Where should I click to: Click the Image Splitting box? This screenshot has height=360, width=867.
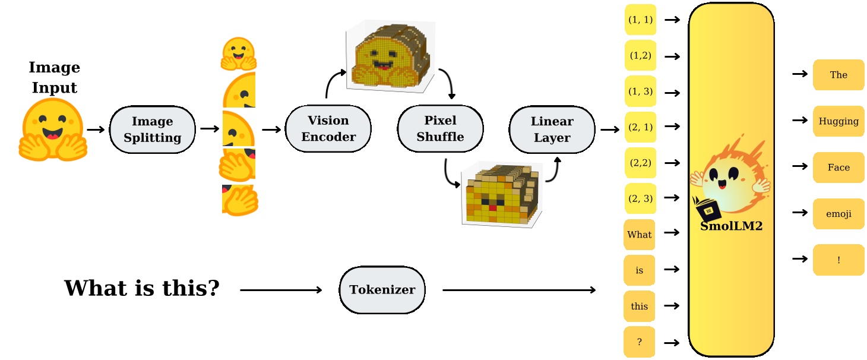pos(153,130)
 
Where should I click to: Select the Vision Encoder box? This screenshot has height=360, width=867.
pos(328,129)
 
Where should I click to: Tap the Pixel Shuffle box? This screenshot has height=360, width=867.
pos(440,129)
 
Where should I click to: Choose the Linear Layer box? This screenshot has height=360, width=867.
pos(552,129)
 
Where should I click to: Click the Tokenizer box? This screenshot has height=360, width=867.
pos(382,290)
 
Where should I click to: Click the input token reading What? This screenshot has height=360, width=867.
pos(639,235)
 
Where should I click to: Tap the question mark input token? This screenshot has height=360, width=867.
pos(639,342)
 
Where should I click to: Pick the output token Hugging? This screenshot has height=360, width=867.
pos(838,121)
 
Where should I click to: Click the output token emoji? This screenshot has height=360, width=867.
pos(838,214)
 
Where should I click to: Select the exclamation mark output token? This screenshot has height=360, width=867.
pos(838,260)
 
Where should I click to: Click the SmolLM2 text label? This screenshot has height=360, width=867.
pos(731,226)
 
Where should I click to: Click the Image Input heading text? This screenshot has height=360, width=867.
pos(54,77)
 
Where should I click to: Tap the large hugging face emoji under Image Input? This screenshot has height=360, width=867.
pos(53,131)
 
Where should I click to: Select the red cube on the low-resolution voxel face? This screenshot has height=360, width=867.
pos(492,207)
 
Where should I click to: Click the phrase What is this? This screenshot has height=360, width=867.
pos(142,289)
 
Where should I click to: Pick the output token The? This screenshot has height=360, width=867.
pos(838,75)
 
